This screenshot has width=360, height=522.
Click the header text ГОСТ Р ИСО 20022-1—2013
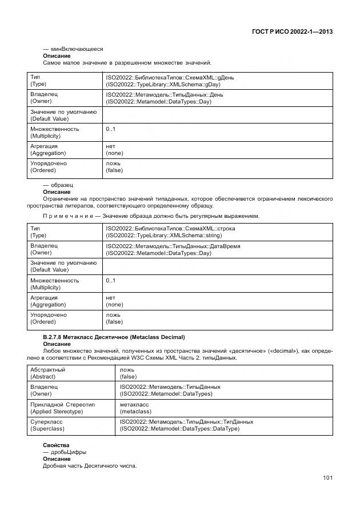click(292, 31)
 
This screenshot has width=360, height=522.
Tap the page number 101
click(327, 478)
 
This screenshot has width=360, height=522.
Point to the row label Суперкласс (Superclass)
click(49, 425)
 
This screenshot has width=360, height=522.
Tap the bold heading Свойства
click(56, 445)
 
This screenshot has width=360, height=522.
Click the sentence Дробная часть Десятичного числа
click(90, 466)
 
